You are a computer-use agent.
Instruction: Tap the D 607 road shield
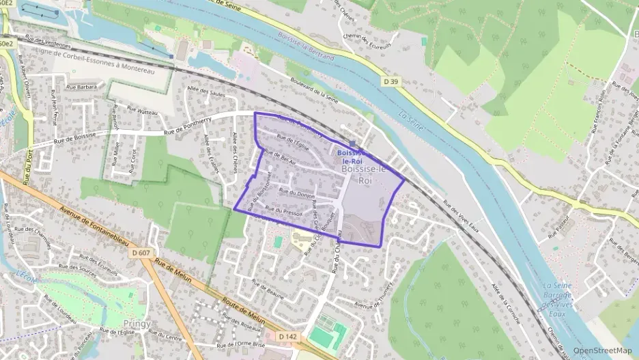click(141, 253)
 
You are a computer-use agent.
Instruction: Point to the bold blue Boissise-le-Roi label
click(352, 156)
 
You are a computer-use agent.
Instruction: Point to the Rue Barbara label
click(82, 87)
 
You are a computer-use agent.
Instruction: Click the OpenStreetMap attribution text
click(602, 350)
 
